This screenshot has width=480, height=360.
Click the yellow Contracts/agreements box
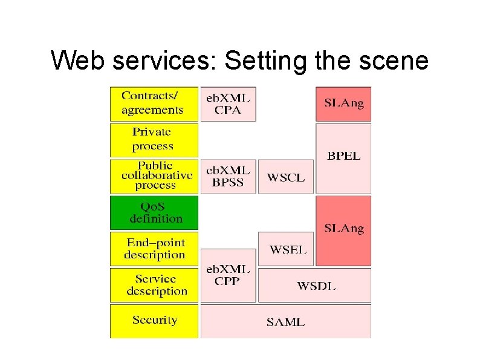(154, 103)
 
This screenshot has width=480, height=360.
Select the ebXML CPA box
(228, 103)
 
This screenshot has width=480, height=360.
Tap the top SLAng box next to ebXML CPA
(343, 103)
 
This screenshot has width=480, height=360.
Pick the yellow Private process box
(154, 140)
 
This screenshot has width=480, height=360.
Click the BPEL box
(343, 157)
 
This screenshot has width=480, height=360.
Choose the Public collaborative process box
(154, 176)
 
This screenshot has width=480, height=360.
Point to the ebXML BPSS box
(228, 176)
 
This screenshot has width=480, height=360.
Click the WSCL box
(286, 177)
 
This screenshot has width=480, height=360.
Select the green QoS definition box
(154, 212)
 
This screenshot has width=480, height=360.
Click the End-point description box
(154, 249)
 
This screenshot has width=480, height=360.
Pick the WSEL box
(286, 249)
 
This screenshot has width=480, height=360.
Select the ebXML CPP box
(228, 275)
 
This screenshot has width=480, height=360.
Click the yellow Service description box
(154, 285)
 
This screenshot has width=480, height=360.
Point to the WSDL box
(315, 285)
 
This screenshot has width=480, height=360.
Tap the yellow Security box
(154, 321)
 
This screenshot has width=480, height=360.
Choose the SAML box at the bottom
(285, 321)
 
